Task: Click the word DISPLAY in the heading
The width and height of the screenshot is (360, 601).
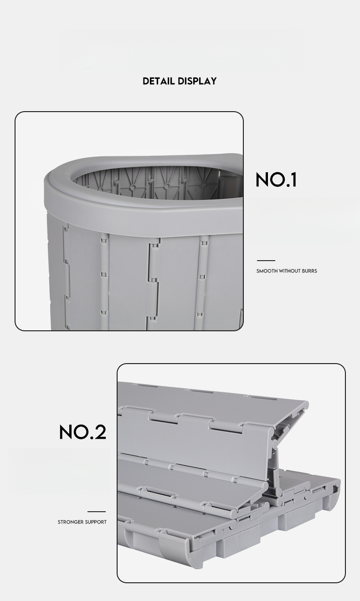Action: (x=197, y=81)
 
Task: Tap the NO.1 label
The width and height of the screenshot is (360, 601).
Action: (x=276, y=180)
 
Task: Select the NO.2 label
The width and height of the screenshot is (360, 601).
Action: (x=82, y=432)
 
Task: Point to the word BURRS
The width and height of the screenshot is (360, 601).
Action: (x=309, y=271)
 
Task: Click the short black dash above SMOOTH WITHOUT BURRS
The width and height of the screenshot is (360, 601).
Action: (x=266, y=261)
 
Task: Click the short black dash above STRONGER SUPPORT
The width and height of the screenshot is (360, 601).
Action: (x=97, y=512)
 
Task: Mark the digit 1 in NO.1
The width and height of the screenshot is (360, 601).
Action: (x=293, y=180)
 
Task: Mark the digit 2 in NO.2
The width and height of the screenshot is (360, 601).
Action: (x=99, y=432)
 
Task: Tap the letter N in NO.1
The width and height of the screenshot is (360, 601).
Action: (x=263, y=180)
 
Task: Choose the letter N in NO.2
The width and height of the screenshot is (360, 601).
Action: (x=67, y=432)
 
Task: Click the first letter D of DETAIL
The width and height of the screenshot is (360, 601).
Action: (x=146, y=81)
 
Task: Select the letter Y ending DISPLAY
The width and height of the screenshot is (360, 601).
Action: (x=213, y=81)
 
